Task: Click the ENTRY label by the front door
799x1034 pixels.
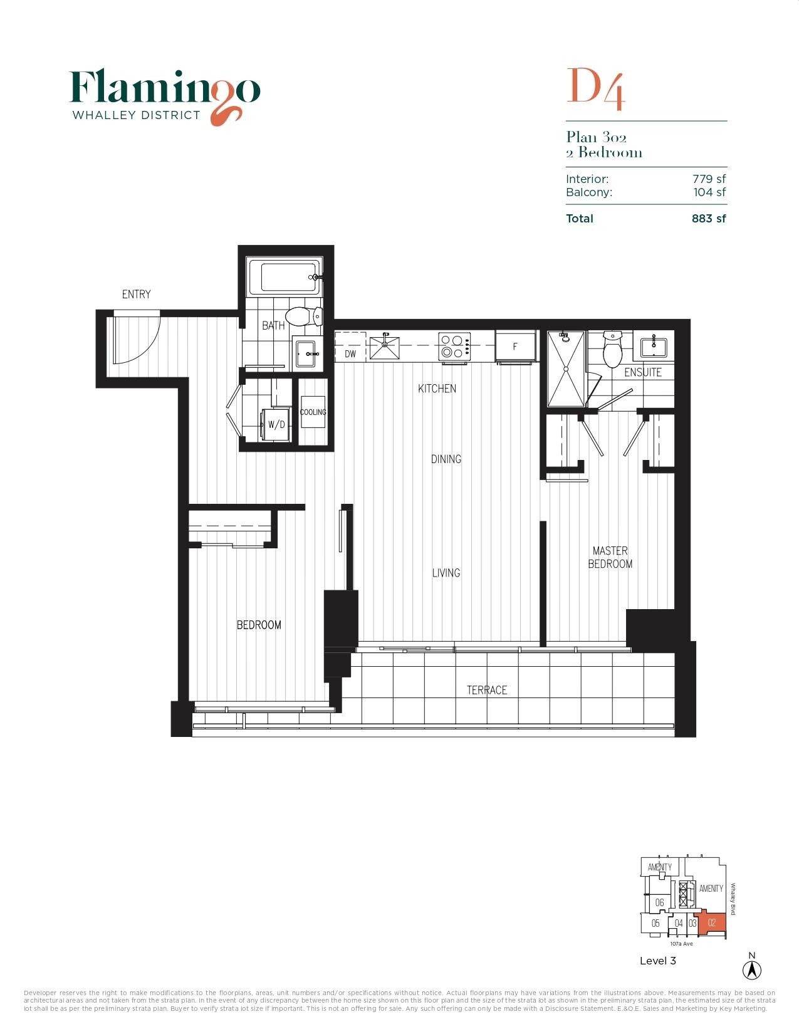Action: (136, 294)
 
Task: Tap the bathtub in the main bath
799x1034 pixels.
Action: (285, 277)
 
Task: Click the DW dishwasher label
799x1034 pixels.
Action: (350, 353)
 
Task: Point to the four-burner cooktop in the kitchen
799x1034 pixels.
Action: (454, 345)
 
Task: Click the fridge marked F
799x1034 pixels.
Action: (515, 347)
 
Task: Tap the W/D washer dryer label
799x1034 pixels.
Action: (276, 424)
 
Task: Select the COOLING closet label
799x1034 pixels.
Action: (313, 412)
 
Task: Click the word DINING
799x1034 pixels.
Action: (446, 459)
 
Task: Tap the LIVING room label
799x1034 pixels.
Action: (446, 573)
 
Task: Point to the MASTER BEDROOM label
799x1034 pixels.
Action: (610, 557)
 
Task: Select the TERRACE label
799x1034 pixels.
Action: (487, 690)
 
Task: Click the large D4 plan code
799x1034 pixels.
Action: (595, 88)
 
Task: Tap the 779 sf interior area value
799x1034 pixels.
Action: (709, 179)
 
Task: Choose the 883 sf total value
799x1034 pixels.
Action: (709, 219)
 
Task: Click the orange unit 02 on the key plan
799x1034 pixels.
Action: (712, 922)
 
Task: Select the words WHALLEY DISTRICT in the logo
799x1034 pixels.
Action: (136, 115)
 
